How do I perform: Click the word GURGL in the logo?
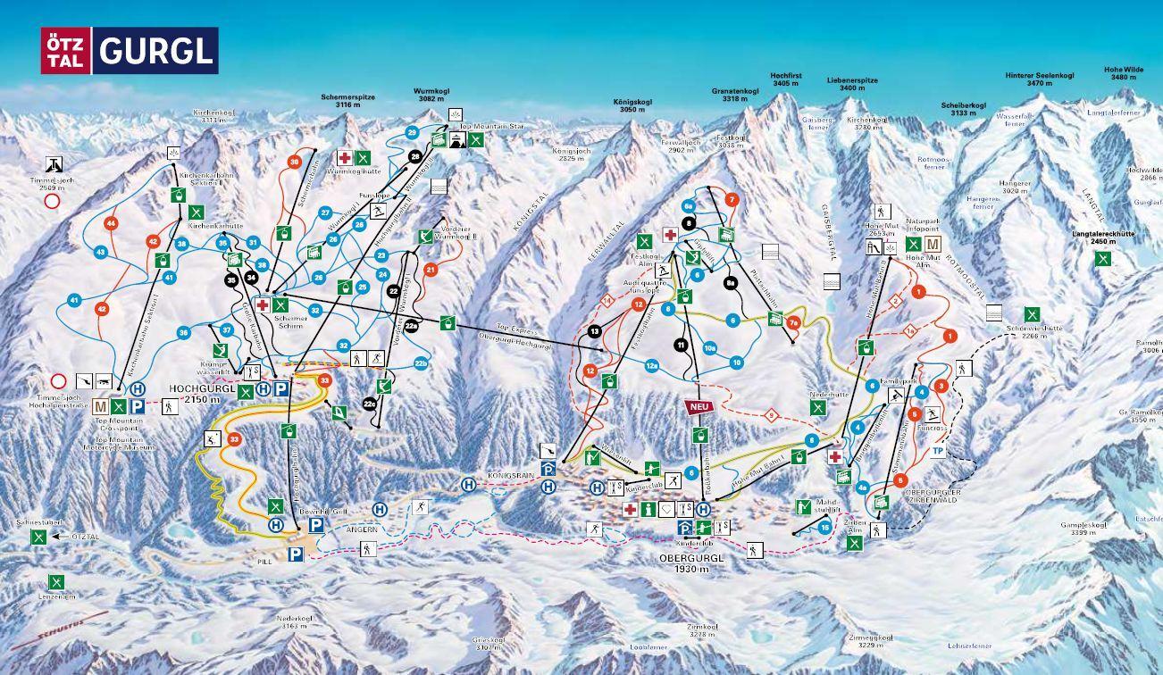point(156,51)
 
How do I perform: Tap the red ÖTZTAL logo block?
point(65,51)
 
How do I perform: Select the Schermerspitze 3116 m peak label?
point(347,100)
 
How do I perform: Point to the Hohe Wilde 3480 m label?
point(1123,73)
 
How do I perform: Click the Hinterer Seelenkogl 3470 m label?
point(1039,79)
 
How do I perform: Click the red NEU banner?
point(699,406)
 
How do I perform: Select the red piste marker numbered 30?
point(295,162)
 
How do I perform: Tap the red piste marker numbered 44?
point(111,223)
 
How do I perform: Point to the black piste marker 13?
point(594,331)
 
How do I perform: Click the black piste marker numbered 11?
point(681,345)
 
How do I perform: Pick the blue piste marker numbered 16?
point(824,527)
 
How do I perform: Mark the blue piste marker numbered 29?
point(412,132)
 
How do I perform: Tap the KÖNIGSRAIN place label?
point(510,477)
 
